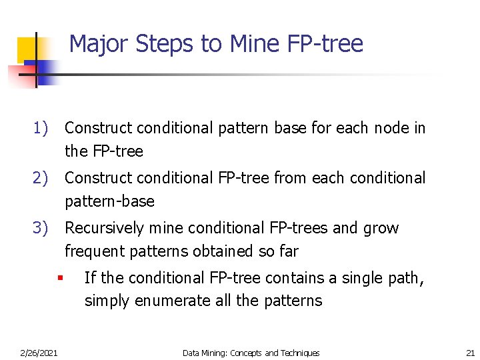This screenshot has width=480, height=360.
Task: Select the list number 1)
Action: click(x=41, y=127)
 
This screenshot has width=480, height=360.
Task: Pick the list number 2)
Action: click(x=41, y=178)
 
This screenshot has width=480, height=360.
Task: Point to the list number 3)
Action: click(x=41, y=228)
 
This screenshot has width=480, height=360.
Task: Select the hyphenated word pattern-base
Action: click(x=109, y=201)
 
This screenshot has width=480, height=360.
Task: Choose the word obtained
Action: click(x=223, y=251)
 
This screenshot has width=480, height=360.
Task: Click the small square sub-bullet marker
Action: click(x=59, y=277)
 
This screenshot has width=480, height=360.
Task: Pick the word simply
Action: click(x=107, y=301)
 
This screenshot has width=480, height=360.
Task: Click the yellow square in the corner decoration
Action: click(x=28, y=48)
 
